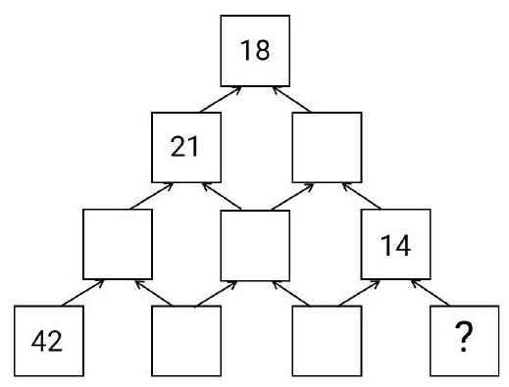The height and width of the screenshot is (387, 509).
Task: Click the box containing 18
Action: click(x=255, y=50)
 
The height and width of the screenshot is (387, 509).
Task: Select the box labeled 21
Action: click(x=186, y=147)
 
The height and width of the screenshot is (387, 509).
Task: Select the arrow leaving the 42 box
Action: click(x=82, y=291)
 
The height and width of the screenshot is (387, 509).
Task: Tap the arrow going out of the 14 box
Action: click(x=360, y=195)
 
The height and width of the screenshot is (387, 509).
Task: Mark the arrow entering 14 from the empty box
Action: click(x=360, y=291)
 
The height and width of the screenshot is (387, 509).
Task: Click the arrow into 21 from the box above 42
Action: click(x=152, y=195)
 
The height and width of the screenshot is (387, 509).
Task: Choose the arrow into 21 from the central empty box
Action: click(x=222, y=195)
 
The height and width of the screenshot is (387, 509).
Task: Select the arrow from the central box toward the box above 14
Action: click(x=291, y=195)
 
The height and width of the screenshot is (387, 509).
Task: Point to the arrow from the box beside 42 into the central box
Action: click(x=222, y=291)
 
